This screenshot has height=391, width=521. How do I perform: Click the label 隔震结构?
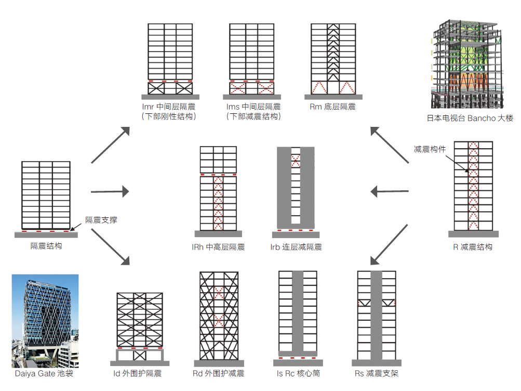click(x=46, y=246)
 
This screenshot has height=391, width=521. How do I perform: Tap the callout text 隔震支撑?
click(x=101, y=220)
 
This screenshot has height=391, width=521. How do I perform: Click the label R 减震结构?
click(x=473, y=247)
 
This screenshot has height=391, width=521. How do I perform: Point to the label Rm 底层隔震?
click(x=332, y=107)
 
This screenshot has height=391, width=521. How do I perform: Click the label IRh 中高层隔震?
click(x=218, y=247)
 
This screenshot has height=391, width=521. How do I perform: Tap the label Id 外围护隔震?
click(x=138, y=373)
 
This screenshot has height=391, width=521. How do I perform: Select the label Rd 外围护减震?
click(x=219, y=373)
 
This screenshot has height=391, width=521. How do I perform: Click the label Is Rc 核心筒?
click(x=298, y=373)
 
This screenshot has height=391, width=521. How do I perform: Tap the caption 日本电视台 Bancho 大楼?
click(x=470, y=119)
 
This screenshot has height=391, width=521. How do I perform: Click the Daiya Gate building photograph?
click(x=45, y=320)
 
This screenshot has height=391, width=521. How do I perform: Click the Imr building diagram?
click(x=170, y=60)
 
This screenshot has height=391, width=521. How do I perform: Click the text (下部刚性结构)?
click(x=170, y=116)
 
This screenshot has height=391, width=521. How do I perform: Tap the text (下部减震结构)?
click(x=253, y=116)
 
